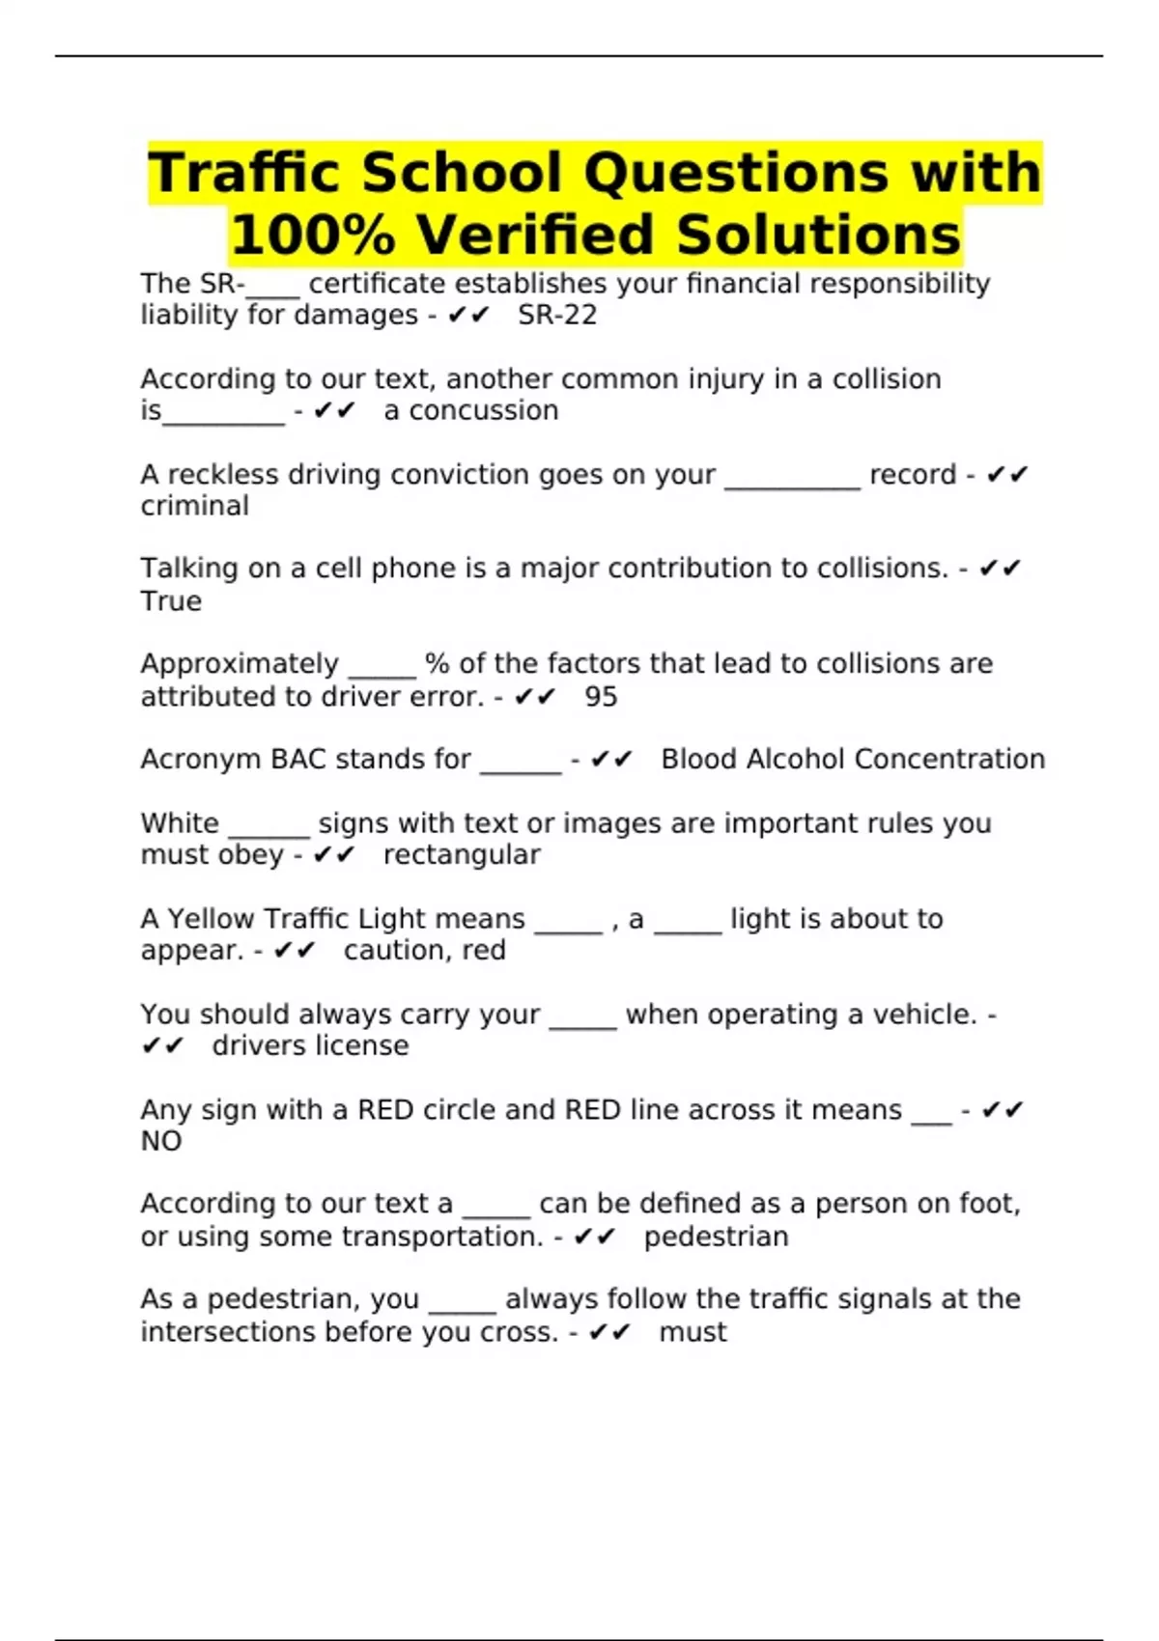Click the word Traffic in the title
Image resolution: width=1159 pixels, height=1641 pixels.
point(245,174)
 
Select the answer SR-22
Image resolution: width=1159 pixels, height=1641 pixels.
point(557,316)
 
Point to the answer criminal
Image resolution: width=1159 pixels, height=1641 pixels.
point(194,506)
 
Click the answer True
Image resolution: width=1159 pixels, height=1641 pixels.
point(171,601)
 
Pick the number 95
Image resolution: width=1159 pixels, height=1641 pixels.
point(601,697)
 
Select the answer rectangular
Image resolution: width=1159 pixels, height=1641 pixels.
point(462,855)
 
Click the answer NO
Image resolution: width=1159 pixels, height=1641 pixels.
point(161,1142)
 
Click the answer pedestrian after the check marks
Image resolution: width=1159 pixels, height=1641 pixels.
point(716,1237)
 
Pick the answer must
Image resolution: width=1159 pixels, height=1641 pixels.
point(693,1332)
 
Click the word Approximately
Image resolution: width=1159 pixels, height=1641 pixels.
point(240,664)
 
